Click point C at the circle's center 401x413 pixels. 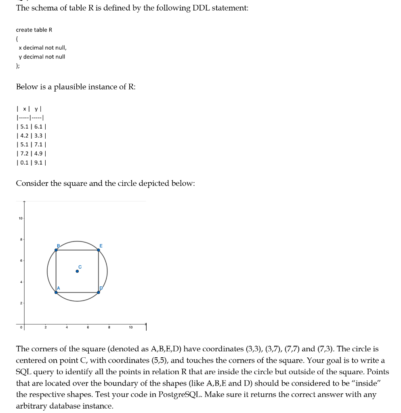click(77, 271)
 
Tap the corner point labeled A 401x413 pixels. click(56, 292)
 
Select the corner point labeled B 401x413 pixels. click(56, 250)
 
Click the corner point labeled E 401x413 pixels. click(99, 250)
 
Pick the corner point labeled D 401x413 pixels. click(99, 292)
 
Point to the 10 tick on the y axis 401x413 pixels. click(20, 219)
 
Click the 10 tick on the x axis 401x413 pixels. click(130, 327)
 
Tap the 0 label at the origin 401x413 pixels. click(20, 327)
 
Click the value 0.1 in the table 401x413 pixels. click(24, 163)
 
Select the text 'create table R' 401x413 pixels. click(34, 30)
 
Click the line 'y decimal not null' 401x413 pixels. click(42, 57)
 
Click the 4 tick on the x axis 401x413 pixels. click(67, 327)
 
